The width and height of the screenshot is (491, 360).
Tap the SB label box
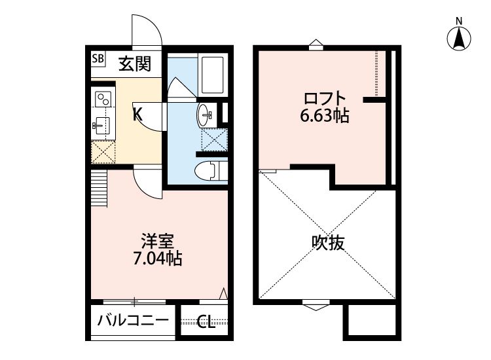click(98, 59)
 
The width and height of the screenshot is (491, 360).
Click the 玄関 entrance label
click(136, 63)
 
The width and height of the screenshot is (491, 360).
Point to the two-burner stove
click(103, 99)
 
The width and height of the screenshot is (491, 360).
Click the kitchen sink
click(101, 124)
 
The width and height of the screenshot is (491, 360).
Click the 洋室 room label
click(158, 242)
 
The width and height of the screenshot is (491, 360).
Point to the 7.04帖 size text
click(157, 259)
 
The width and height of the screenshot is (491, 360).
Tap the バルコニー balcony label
click(134, 321)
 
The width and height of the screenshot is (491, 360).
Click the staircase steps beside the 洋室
click(98, 188)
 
